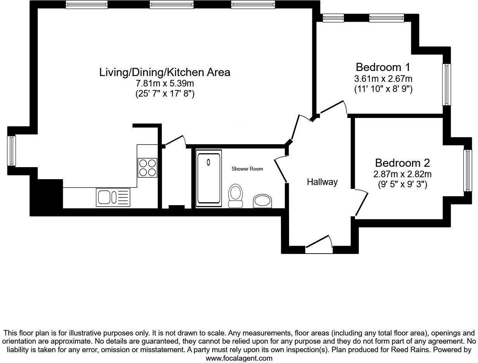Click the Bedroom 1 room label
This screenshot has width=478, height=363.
[x=383, y=66]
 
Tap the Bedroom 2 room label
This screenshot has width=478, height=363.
[x=402, y=162]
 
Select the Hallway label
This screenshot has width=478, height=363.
[x=322, y=182]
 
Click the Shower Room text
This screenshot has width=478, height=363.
[x=247, y=169]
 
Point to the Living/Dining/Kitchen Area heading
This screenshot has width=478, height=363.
[x=165, y=72]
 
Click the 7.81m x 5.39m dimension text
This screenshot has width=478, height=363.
[x=165, y=83]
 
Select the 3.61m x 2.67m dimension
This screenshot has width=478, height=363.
[x=383, y=79]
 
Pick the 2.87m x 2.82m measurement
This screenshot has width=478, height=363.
[x=402, y=174]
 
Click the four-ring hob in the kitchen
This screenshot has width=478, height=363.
[x=147, y=168]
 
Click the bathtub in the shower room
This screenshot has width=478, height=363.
[x=209, y=178]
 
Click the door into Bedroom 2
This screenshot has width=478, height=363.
[x=361, y=203]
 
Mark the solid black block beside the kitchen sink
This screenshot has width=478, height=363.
[x=47, y=196]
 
